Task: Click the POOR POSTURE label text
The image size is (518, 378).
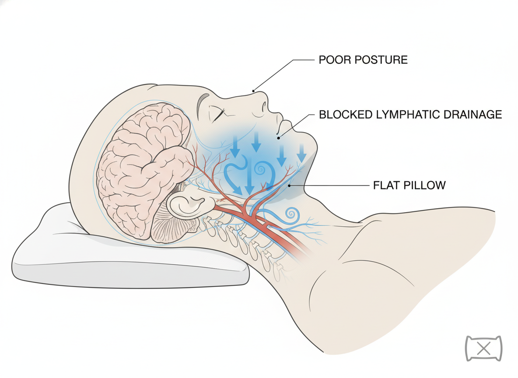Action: [363, 59]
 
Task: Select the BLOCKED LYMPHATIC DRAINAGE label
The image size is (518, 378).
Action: [410, 115]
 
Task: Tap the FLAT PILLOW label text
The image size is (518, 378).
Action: [409, 185]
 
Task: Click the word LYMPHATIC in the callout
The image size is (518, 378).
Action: [409, 115]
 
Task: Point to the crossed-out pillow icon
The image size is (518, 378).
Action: [483, 349]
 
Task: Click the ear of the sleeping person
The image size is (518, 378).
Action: [187, 206]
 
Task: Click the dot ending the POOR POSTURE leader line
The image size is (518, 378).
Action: [253, 91]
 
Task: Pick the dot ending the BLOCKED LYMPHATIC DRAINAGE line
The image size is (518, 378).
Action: [279, 137]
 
